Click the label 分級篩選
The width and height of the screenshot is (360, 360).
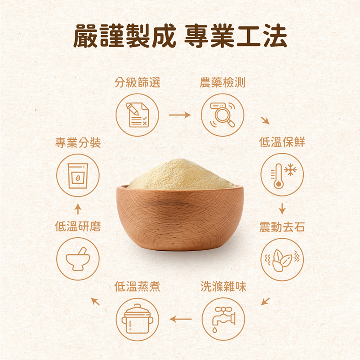(137, 83)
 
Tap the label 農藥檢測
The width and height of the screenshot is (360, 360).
(222, 83)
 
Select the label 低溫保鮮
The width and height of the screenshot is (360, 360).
(282, 142)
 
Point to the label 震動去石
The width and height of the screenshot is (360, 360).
(282, 227)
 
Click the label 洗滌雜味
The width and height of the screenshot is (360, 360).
(223, 287)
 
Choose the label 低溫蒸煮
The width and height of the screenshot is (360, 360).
(137, 287)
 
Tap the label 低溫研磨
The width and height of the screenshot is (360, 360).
(78, 227)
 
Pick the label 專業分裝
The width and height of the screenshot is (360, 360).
(78, 143)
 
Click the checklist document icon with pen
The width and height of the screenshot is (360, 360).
(137, 115)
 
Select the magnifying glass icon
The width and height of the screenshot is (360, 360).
(222, 115)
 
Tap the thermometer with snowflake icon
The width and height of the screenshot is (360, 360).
(282, 174)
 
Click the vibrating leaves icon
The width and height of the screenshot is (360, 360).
(282, 260)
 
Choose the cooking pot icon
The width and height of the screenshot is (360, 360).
(137, 319)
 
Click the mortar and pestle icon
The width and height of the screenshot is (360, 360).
(78, 259)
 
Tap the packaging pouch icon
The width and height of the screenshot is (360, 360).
(78, 176)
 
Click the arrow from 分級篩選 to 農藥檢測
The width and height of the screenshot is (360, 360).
(180, 115)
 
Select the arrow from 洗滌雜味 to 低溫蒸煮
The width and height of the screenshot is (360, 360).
(181, 319)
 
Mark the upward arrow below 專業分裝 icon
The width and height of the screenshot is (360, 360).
(78, 209)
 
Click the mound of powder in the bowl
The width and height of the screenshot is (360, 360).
(182, 174)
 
